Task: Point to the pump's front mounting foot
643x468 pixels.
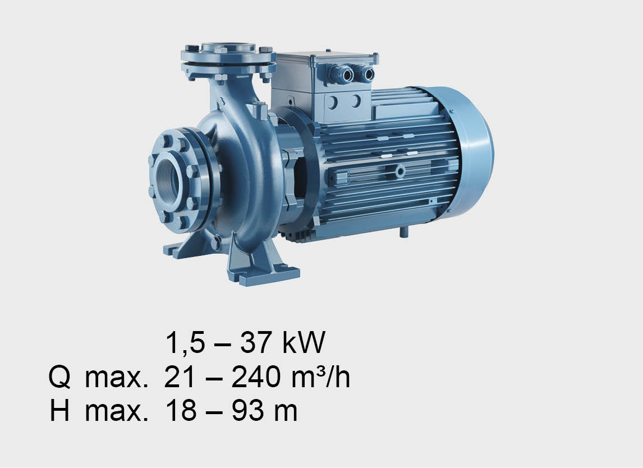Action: tap(263, 263)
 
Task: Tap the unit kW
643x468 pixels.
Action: tap(304, 342)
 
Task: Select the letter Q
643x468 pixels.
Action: tap(59, 377)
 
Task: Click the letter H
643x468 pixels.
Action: tap(59, 411)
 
